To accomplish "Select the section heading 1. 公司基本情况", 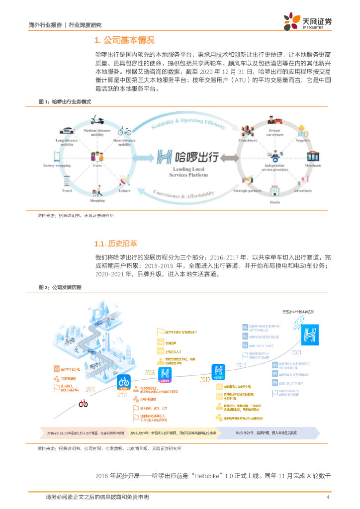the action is click(124, 40).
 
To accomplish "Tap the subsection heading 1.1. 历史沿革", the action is click(115, 244).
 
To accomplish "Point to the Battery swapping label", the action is click(56, 166).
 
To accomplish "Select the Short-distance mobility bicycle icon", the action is click(124, 131).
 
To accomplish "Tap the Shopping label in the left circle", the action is click(97, 200).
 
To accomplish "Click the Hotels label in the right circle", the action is click(275, 203).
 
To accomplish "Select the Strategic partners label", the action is click(247, 191).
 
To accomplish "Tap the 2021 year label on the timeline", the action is click(297, 352).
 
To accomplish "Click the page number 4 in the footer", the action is click(328, 497).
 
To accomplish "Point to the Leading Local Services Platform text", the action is click(184, 172).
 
